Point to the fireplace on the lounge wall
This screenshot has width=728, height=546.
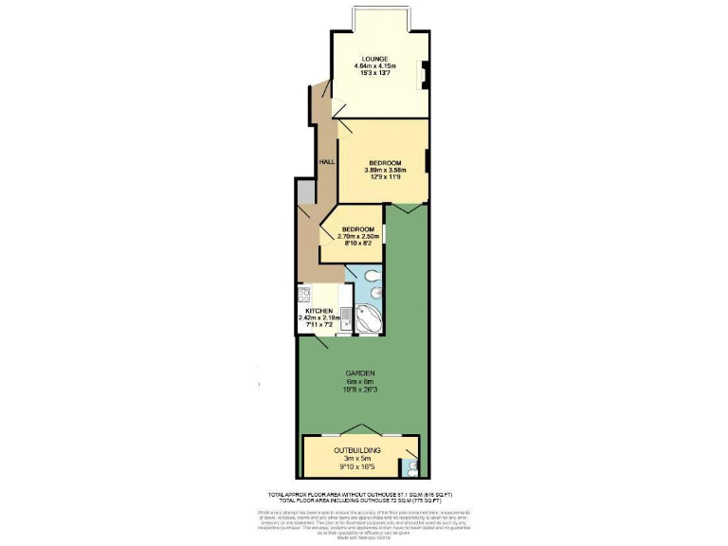pos(425,73)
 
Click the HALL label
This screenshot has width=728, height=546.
pos(326,162)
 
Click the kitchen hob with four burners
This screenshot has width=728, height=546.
pos(306,294)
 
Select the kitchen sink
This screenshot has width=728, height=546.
pos(347,316)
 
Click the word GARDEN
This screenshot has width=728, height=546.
pos(359,373)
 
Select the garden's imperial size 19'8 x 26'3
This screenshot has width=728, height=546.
pos(359,389)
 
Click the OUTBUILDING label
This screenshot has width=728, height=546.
pos(357,449)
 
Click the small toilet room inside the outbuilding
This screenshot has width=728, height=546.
pos(409,466)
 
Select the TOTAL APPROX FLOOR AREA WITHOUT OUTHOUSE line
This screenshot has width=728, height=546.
pos(361,495)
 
